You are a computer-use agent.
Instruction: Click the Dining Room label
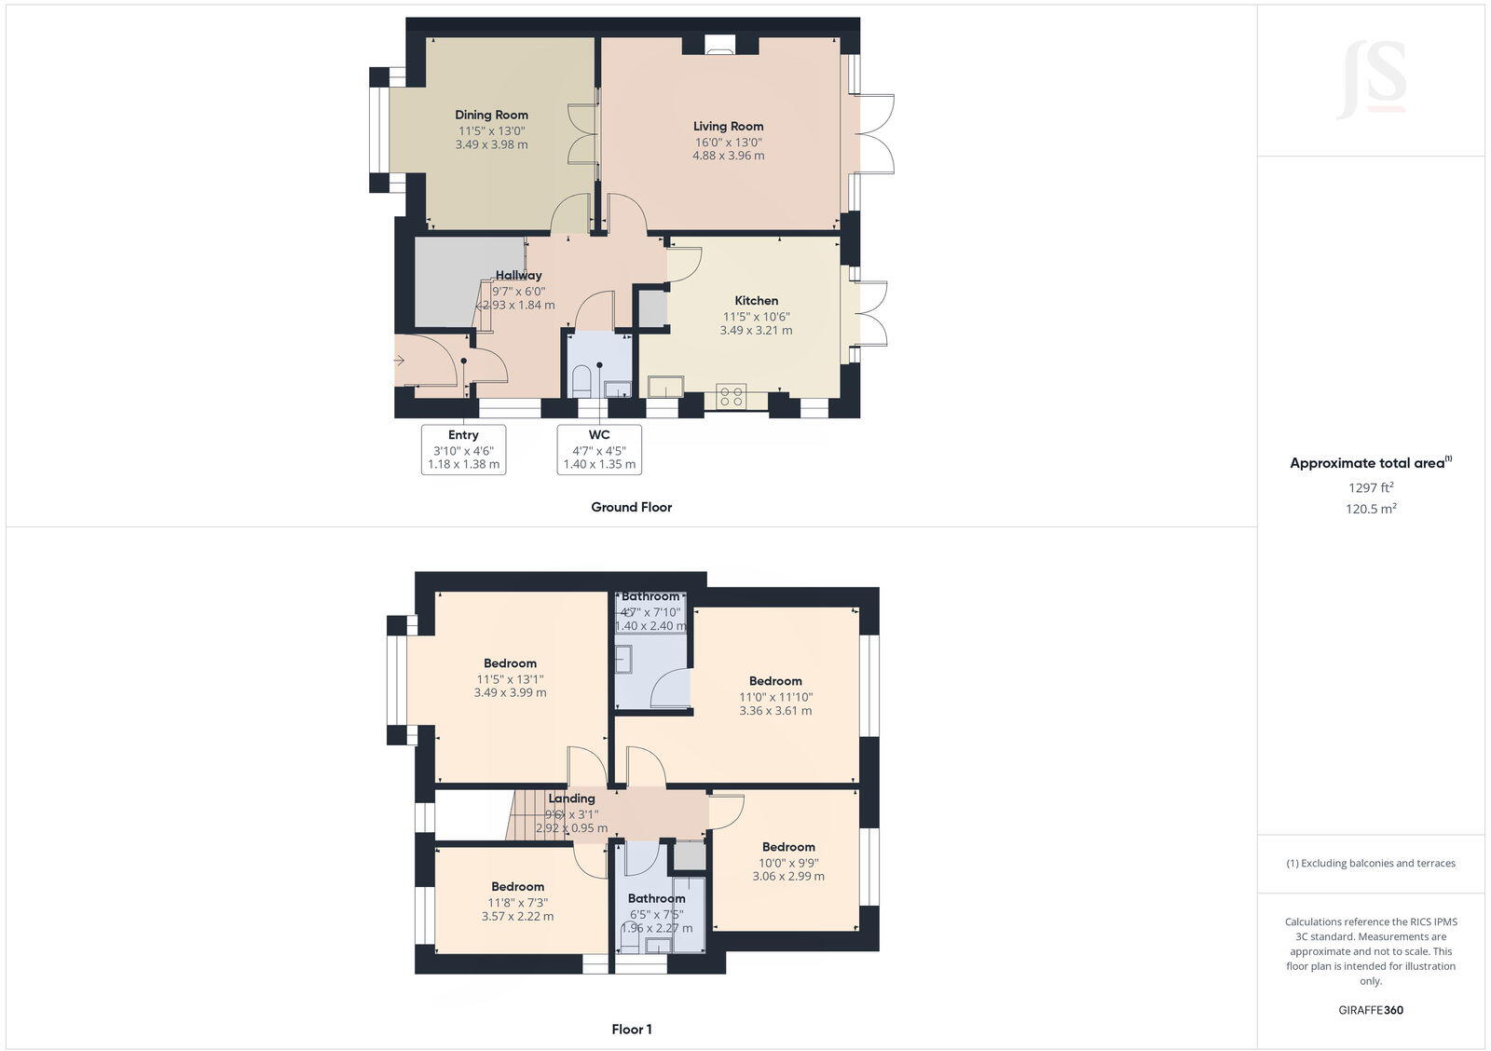491,116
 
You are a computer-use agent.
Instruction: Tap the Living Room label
728,127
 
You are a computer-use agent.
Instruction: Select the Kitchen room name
756,301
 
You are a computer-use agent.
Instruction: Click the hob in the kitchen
730,396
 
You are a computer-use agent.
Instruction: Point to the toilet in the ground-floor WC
581,380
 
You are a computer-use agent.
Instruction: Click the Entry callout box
463,449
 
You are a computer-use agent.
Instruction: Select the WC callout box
599,449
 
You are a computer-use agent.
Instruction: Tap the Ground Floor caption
631,507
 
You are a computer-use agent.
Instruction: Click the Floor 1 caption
631,1030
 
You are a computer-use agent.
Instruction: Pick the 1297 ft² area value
1371,487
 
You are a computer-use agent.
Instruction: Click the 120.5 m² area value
1371,509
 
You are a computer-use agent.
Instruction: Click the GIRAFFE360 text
1371,1010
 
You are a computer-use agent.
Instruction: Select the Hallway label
518,276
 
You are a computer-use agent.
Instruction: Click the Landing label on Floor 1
571,798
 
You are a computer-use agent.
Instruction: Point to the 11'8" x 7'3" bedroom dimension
517,902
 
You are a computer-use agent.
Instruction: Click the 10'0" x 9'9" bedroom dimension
788,863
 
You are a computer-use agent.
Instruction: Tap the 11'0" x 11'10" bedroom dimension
775,697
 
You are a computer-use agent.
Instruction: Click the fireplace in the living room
719,45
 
